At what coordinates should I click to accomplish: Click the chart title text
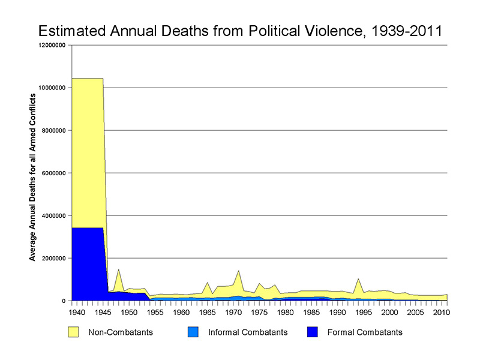240,31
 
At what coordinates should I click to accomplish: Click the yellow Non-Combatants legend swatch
74,332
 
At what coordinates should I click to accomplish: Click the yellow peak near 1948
119,271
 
